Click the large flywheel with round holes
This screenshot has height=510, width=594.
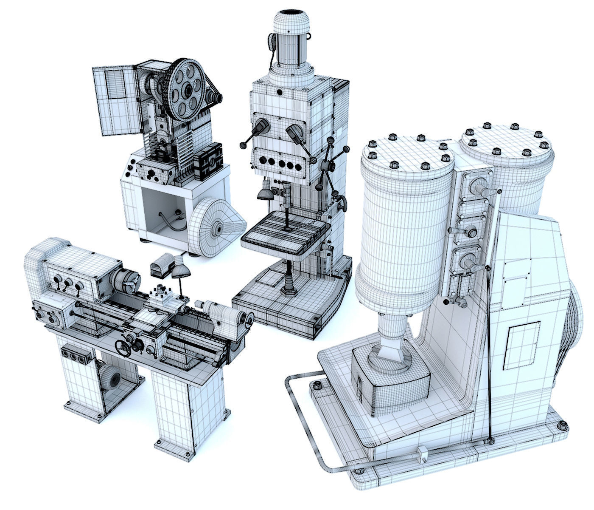click(187, 90)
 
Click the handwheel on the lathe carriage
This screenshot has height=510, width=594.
click(124, 348)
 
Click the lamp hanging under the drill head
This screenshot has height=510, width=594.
click(265, 193)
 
